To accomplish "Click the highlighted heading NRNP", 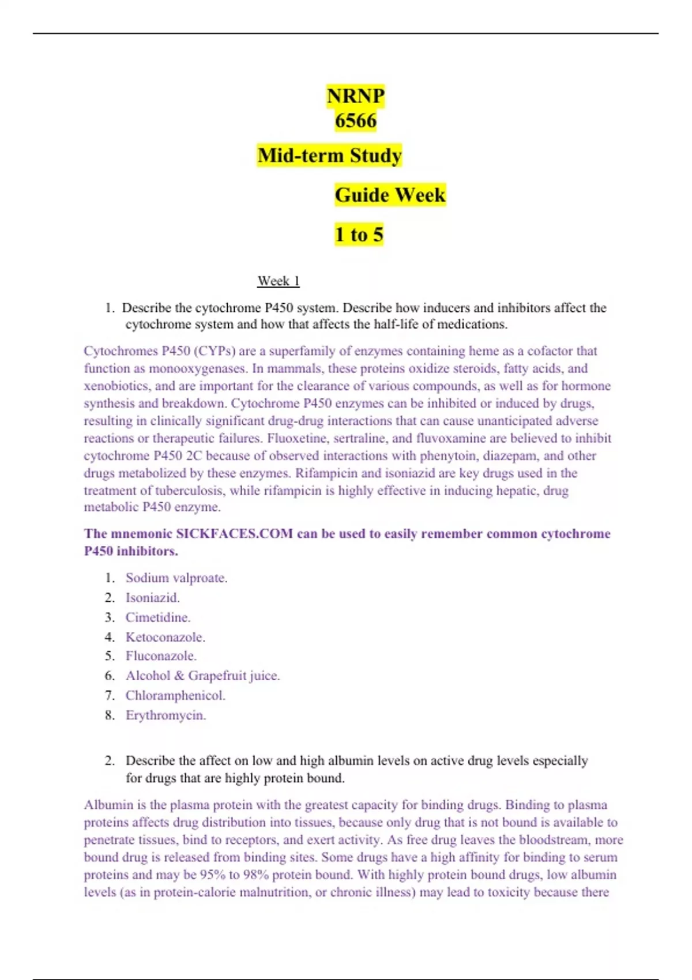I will (355, 96).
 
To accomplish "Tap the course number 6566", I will (355, 121).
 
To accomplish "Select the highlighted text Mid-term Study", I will (329, 156).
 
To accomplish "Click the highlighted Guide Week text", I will (390, 195).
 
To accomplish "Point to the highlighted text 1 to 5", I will (359, 235).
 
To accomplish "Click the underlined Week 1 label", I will (278, 281).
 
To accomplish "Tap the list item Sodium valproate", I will (176, 578).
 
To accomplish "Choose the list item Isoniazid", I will (152, 598).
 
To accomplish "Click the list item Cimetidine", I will (157, 617).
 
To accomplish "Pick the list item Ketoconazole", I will (165, 638).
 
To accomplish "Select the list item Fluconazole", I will (161, 656).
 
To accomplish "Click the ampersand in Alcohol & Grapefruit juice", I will (179, 676).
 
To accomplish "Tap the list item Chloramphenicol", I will (175, 696).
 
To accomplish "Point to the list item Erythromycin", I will (166, 715).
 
